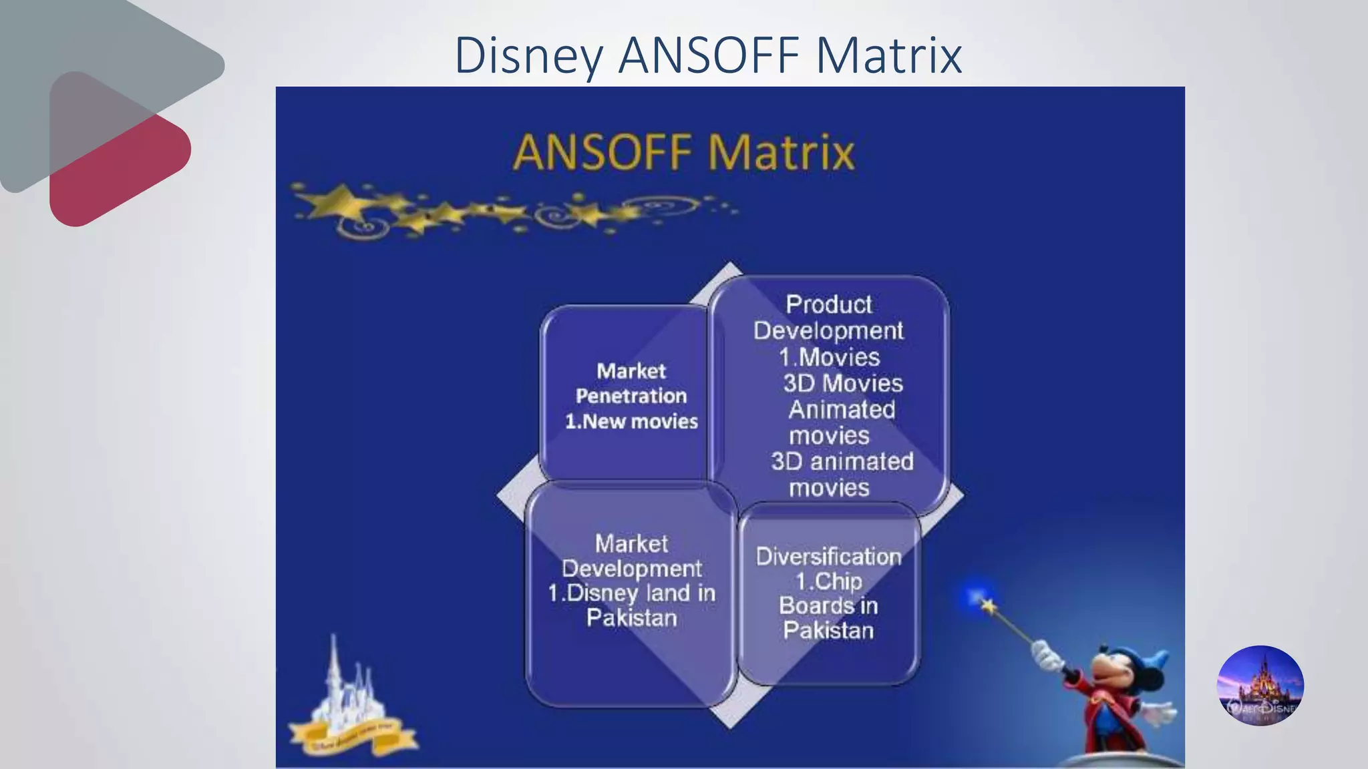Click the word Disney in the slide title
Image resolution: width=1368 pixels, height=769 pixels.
click(x=528, y=56)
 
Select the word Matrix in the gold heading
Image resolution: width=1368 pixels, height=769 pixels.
click(x=781, y=152)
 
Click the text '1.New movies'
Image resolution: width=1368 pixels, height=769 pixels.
click(x=631, y=421)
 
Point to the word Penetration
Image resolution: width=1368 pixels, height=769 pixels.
click(x=631, y=396)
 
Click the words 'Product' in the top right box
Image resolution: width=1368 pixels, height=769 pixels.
click(x=828, y=304)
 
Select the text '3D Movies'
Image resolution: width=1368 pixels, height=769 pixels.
click(x=842, y=383)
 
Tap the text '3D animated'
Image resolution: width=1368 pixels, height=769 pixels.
click(x=842, y=461)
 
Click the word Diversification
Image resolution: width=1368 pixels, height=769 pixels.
click(x=828, y=557)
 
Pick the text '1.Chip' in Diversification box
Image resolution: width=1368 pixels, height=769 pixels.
click(x=828, y=581)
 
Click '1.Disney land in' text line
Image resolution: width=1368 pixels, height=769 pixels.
click(x=631, y=593)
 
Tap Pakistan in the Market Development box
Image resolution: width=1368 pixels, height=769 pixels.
click(x=631, y=618)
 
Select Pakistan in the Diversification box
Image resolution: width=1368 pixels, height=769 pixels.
click(x=828, y=630)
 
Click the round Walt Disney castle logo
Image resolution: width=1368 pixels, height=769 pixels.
click(x=1260, y=686)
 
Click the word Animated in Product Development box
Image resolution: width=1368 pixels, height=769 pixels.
click(x=842, y=409)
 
